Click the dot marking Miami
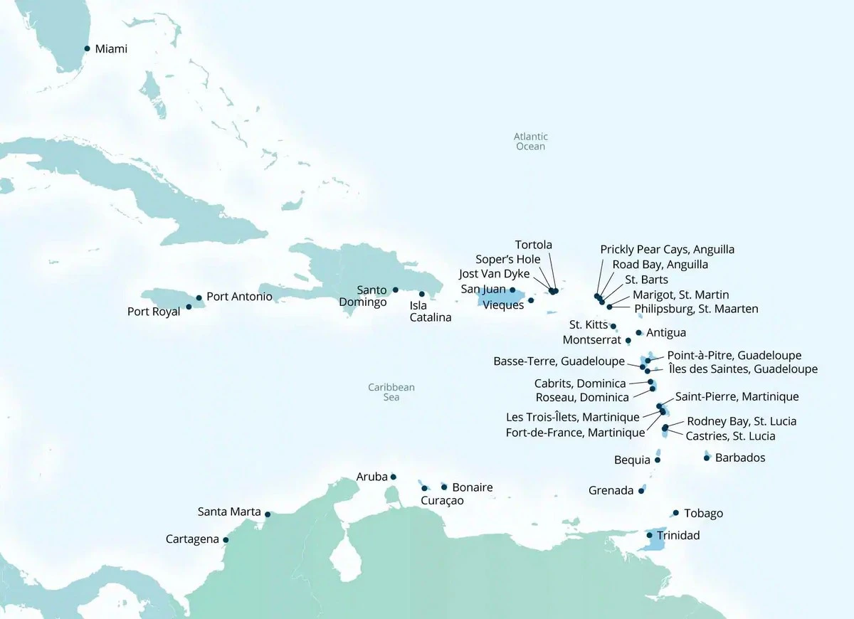pos(87,48)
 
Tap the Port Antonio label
pos(239,296)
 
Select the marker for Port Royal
pos(189,307)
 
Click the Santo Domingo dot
pos(395,290)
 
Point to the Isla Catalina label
pos(430,312)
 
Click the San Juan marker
pos(512,290)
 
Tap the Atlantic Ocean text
pos(530,141)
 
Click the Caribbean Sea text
pos(391,392)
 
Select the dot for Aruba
pos(394,477)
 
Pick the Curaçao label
pos(442,501)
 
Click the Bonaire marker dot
pos(444,487)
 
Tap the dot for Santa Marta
pos(268,514)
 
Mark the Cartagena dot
pos(226,539)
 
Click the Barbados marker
pos(706,457)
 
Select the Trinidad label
pos(678,535)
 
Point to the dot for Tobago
pos(675,513)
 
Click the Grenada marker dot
pos(641,490)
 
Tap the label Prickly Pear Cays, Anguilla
pos(667,250)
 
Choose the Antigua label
pos(666,332)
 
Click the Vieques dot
pos(531,300)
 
